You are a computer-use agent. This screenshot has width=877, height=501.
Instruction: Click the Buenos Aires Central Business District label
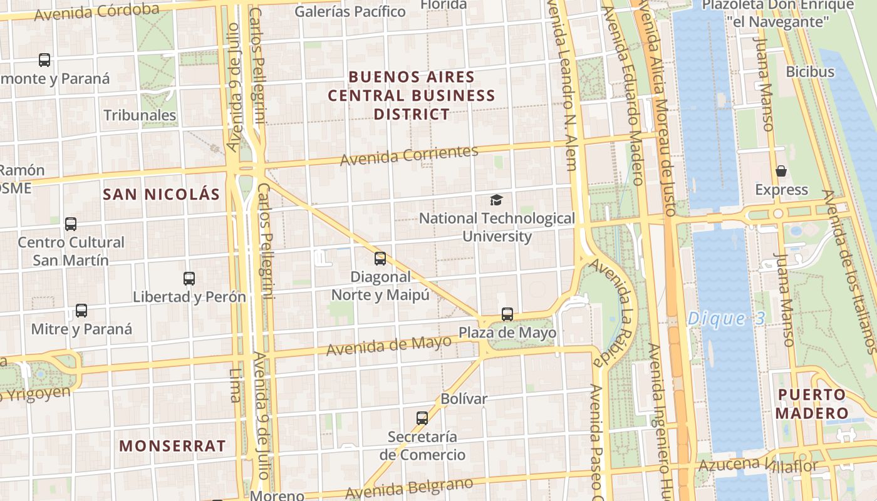(x=412, y=96)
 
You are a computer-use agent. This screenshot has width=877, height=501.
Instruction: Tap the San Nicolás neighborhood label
(x=162, y=194)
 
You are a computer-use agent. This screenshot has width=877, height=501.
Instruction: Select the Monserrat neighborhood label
(x=172, y=446)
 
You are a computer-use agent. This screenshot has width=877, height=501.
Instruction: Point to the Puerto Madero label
(x=812, y=404)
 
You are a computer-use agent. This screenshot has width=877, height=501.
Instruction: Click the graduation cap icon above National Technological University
(x=496, y=200)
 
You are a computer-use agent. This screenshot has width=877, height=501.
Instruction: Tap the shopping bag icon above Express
(x=781, y=171)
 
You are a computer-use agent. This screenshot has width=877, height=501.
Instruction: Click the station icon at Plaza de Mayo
(x=507, y=314)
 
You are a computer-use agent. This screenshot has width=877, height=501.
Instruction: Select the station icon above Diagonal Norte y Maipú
(x=380, y=259)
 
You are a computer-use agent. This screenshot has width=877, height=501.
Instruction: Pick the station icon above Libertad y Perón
(x=189, y=279)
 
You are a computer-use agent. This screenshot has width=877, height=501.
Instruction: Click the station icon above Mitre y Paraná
(x=81, y=311)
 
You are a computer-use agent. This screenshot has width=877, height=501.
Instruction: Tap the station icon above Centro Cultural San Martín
(x=71, y=224)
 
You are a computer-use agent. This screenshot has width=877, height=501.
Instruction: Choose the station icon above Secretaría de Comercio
(x=422, y=418)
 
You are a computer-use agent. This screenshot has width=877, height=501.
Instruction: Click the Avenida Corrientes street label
(x=409, y=155)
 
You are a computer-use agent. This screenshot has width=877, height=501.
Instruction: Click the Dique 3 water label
(x=726, y=319)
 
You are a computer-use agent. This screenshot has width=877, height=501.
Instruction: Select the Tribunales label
(x=140, y=115)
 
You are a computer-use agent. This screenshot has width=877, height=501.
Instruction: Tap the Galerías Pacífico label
(x=350, y=11)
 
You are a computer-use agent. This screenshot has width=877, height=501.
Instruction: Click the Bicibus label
(x=810, y=71)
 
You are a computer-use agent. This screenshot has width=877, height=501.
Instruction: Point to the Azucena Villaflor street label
(x=758, y=465)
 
